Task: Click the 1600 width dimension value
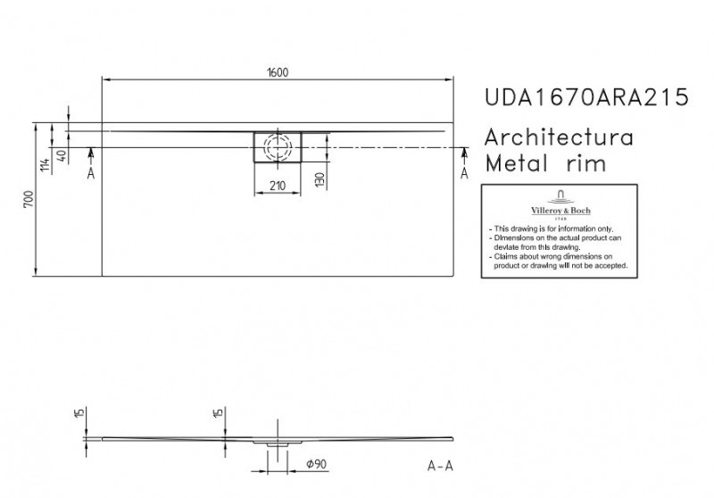[x=278, y=72]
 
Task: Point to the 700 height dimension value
[x=29, y=199]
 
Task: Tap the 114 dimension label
[x=45, y=164]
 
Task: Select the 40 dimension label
[x=62, y=156]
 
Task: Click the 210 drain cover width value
[x=278, y=186]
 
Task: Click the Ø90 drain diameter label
[x=317, y=464]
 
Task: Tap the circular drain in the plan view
[x=278, y=147]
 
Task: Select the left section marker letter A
[x=91, y=173]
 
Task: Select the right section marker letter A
[x=464, y=173]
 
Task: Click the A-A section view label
[x=440, y=466]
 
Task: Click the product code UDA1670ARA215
[x=586, y=97]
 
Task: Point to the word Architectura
[x=559, y=137]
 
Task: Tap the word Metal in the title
[x=516, y=163]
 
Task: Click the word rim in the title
[x=586, y=163]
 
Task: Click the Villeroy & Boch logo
[x=560, y=205]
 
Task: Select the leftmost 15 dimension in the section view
[x=79, y=413]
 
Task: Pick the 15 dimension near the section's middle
[x=218, y=413]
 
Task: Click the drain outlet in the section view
[x=277, y=444]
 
